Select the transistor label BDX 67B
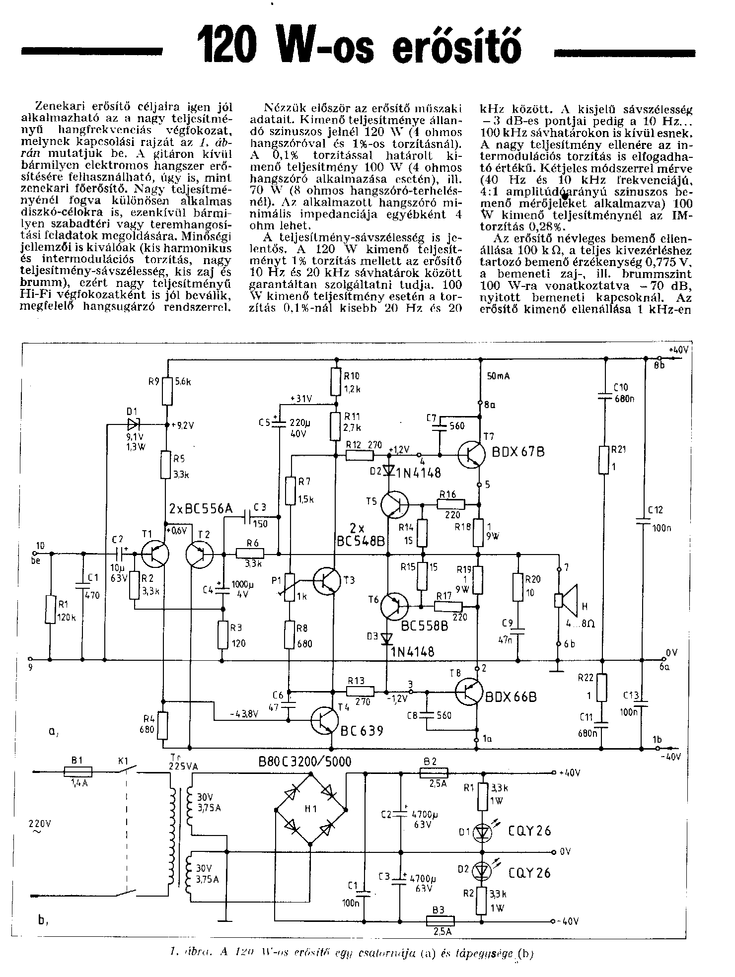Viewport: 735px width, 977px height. (x=519, y=452)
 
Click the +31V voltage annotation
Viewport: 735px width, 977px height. (x=302, y=399)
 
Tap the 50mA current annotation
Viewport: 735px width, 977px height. (x=499, y=376)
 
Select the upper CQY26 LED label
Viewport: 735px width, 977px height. (x=529, y=831)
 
